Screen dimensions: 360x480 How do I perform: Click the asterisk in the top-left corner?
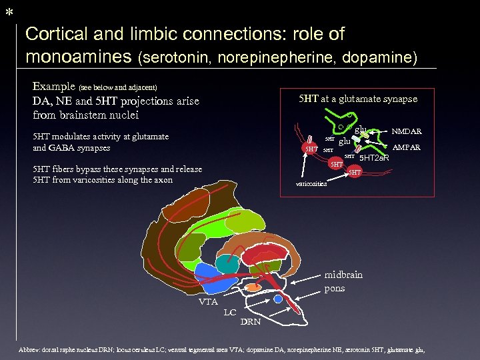click(x=9, y=12)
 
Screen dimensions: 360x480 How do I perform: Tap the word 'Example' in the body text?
click(x=54, y=86)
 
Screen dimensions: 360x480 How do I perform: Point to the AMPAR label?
click(x=407, y=147)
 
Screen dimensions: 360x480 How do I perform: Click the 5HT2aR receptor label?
click(x=374, y=158)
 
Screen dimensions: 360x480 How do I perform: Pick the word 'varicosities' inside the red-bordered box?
click(x=311, y=184)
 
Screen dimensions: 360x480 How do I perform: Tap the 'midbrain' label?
click(x=343, y=275)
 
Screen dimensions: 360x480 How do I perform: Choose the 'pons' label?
click(x=335, y=289)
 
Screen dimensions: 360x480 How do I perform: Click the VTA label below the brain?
click(x=208, y=301)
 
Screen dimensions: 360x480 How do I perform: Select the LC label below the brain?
click(x=230, y=312)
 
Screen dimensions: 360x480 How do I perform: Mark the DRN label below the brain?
click(x=251, y=322)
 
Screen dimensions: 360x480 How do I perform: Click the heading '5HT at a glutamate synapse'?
click(x=358, y=99)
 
